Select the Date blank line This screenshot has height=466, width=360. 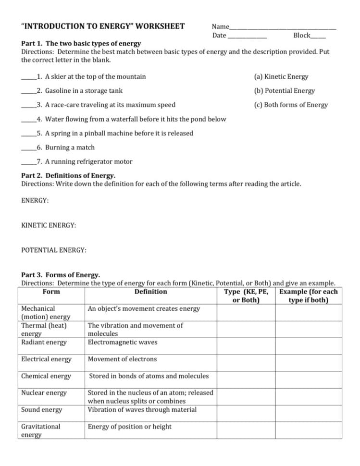tap(247, 37)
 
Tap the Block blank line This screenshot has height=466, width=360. tap(318, 37)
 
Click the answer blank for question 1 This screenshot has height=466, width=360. tap(28, 78)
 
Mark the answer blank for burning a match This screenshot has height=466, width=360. tap(28, 149)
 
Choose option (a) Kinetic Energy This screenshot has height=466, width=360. tap(281, 76)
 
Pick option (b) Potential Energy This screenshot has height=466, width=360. tap(284, 91)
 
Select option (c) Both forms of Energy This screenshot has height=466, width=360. tap(291, 105)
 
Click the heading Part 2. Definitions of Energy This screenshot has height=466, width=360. tap(68, 176)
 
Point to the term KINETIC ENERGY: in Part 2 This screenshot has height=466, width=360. tap(49, 225)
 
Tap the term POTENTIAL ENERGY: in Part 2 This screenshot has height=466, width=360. tap(54, 250)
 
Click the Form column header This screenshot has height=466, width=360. tap(51, 292)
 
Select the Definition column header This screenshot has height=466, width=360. tap(151, 292)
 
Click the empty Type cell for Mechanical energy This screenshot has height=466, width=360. tap(246, 313)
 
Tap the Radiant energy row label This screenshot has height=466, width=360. tap(44, 343)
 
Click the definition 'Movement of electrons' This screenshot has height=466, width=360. tap(122, 359)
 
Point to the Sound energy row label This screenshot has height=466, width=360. tap(42, 410)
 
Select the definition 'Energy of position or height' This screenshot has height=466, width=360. tap(129, 427)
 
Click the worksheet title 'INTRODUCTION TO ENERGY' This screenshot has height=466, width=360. tap(103, 26)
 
